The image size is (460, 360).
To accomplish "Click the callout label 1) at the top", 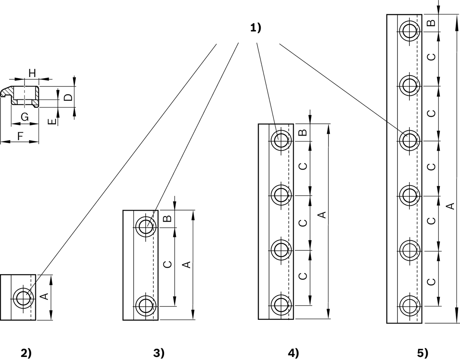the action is tap(256, 28).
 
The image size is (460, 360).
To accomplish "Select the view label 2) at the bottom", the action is tap(26, 353).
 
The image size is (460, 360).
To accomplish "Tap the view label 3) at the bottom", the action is tap(159, 353).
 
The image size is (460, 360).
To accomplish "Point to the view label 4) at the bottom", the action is tap(293, 353).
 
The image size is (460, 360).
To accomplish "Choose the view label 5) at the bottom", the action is tap(422, 353).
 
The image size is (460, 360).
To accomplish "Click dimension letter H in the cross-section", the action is tap(32, 74).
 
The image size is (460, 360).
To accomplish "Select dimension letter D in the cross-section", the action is tap(68, 97).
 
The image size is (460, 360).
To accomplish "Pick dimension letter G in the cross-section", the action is tap(25, 117).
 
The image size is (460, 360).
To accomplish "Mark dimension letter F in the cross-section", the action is tap(20, 136).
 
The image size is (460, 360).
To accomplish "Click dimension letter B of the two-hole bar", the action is tap(168, 219).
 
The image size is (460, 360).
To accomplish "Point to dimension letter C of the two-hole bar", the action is tap(168, 265).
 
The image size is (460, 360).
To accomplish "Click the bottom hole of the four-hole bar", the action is tap(281, 305).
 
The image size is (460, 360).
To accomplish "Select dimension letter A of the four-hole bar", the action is tap(322, 215).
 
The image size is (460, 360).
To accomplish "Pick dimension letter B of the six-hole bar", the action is tap(431, 23).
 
